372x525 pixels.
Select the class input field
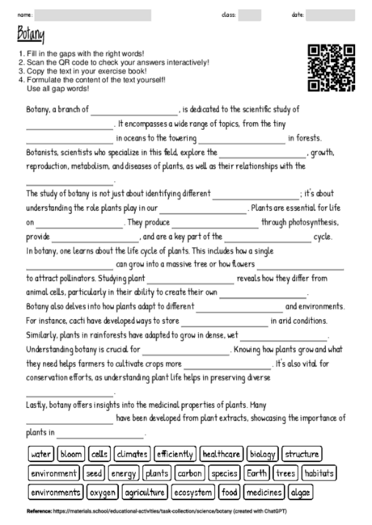pyautogui.click(x=250, y=14)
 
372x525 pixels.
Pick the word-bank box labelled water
pyautogui.click(x=40, y=454)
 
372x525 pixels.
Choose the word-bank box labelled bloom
pyautogui.click(x=71, y=454)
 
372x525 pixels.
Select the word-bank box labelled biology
pyautogui.click(x=263, y=454)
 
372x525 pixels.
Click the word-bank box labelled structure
pyautogui.click(x=302, y=454)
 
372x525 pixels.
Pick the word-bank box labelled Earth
pyautogui.click(x=257, y=472)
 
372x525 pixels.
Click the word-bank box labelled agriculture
pyautogui.click(x=145, y=491)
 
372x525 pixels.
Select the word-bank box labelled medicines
pyautogui.click(x=264, y=491)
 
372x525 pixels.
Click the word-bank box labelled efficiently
pyautogui.click(x=173, y=454)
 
